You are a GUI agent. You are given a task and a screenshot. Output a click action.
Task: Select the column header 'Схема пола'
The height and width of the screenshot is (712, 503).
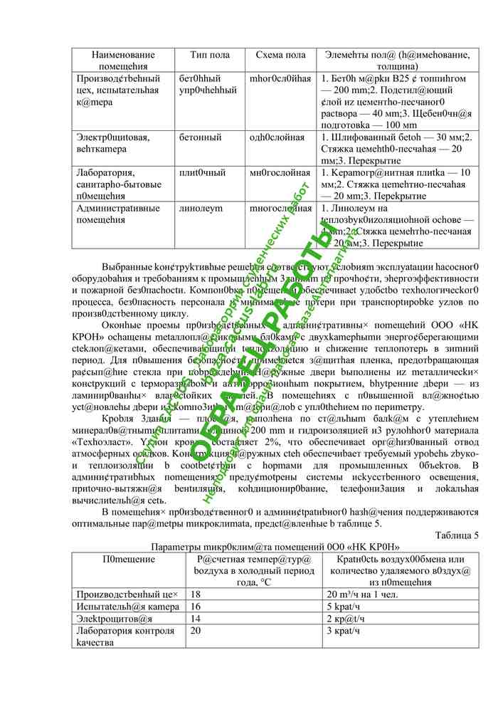coord(280,55)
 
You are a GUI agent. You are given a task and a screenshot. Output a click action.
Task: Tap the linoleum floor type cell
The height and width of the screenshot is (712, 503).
coord(201,208)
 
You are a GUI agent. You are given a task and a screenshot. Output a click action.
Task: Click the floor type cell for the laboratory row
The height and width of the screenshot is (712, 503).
coord(202,172)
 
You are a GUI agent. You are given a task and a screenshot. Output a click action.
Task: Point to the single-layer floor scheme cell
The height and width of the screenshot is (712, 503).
coord(277,137)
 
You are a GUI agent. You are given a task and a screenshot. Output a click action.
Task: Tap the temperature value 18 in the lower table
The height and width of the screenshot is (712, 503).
coord(196,593)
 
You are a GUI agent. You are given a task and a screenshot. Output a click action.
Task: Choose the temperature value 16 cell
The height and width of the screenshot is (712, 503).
coord(196,606)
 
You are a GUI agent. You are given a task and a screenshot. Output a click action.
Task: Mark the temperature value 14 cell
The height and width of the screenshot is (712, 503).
coord(196,618)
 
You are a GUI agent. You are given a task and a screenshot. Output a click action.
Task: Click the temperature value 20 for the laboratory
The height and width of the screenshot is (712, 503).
coord(196,630)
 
